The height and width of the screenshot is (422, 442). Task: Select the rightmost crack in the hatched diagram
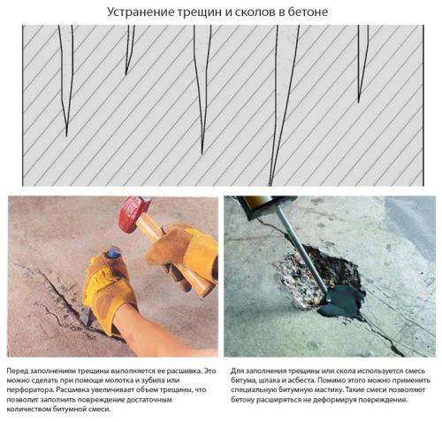click(362, 53)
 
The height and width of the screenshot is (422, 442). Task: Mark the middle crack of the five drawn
click(204, 88)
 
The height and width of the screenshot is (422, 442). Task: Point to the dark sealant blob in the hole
click(340, 301)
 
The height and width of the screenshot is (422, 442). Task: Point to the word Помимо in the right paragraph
click(346, 375)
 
